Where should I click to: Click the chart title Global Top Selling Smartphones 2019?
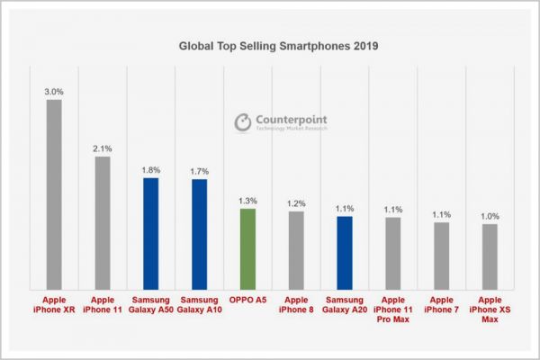269,42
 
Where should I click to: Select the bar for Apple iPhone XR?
54,193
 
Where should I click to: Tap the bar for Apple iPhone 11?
103,221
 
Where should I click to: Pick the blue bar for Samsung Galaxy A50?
151,232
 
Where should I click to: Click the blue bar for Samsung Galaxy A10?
200,233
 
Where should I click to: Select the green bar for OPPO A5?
247,247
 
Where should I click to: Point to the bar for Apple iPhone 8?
295,249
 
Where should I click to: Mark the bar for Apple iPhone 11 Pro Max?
392,253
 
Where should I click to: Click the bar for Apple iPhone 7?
441,255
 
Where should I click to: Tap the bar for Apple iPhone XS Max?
490,256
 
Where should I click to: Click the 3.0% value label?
54,91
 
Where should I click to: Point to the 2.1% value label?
103,148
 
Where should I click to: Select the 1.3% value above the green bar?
247,200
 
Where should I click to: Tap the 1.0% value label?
490,216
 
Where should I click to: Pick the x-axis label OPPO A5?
247,298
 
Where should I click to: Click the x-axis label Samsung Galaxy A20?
344,303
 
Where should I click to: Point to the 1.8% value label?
151,169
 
